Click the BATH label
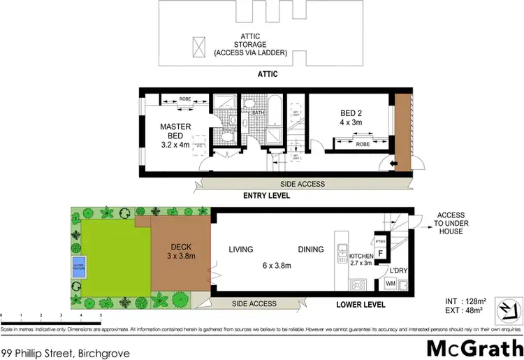point(258,113)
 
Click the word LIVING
point(241,250)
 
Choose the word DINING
point(311,250)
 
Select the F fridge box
point(380,253)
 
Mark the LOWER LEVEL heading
point(360,305)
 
